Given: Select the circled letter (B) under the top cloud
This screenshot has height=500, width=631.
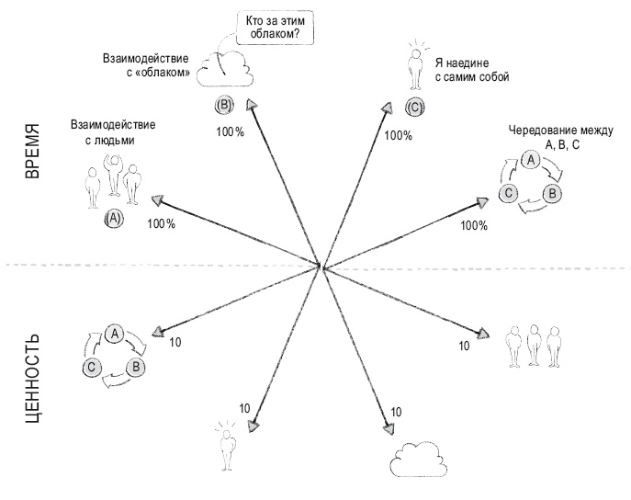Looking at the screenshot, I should (x=223, y=105).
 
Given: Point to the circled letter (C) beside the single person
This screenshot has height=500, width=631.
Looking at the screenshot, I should (x=414, y=108).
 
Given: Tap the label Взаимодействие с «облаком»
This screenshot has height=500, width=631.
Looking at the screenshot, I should (x=146, y=65).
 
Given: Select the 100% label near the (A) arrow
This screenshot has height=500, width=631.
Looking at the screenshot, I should (x=160, y=224).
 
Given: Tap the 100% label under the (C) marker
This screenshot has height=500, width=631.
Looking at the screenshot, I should (x=398, y=135).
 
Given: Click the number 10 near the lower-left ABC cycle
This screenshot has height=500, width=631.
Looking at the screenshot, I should (x=177, y=342).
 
